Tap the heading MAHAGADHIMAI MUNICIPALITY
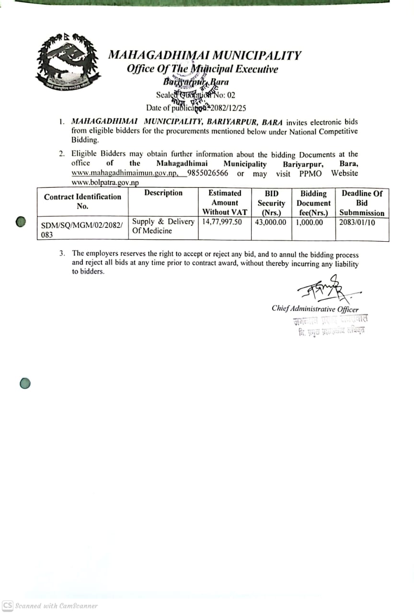[205, 55]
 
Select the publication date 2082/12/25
[229, 108]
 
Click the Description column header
[163, 193]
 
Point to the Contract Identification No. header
[83, 201]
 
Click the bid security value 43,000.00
[271, 222]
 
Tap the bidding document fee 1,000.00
[310, 222]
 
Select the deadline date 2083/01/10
[357, 222]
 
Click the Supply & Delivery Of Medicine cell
[163, 226]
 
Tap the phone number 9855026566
[208, 173]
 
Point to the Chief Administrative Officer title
[315, 309]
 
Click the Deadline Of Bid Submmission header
[362, 203]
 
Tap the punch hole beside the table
[21, 222]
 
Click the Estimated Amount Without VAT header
[225, 202]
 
